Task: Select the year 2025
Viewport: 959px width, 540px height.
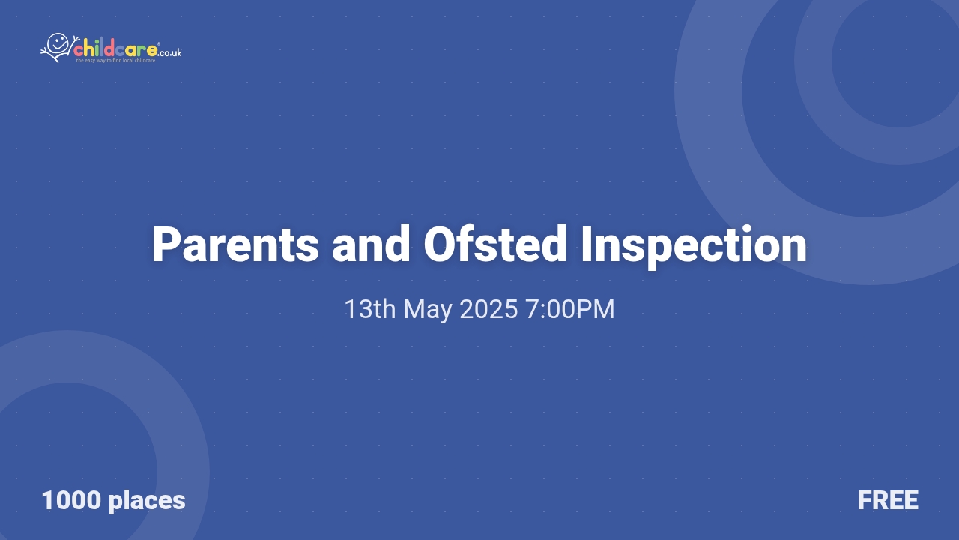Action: [488, 309]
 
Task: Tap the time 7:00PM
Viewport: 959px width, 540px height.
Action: [570, 309]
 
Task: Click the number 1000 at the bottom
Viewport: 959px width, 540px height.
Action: [71, 500]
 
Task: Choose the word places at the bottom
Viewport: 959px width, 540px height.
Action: [147, 500]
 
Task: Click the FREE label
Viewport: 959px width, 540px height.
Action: [888, 500]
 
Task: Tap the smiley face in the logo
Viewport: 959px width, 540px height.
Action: [58, 43]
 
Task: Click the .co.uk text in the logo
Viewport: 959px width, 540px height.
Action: [171, 52]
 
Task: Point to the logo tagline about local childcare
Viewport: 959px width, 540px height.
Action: [115, 61]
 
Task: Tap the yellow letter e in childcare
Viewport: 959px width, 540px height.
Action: [152, 50]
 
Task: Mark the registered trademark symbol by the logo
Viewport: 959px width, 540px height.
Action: [159, 44]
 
